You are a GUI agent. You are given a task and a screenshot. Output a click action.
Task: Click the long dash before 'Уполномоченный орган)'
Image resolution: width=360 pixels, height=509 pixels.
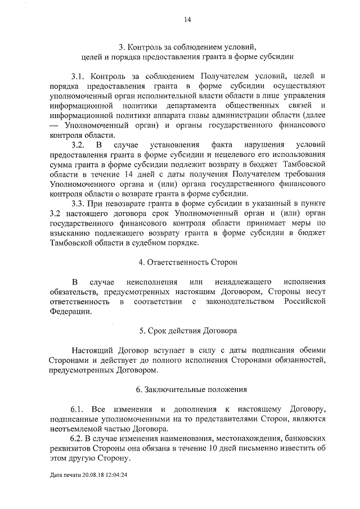(54, 126)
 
